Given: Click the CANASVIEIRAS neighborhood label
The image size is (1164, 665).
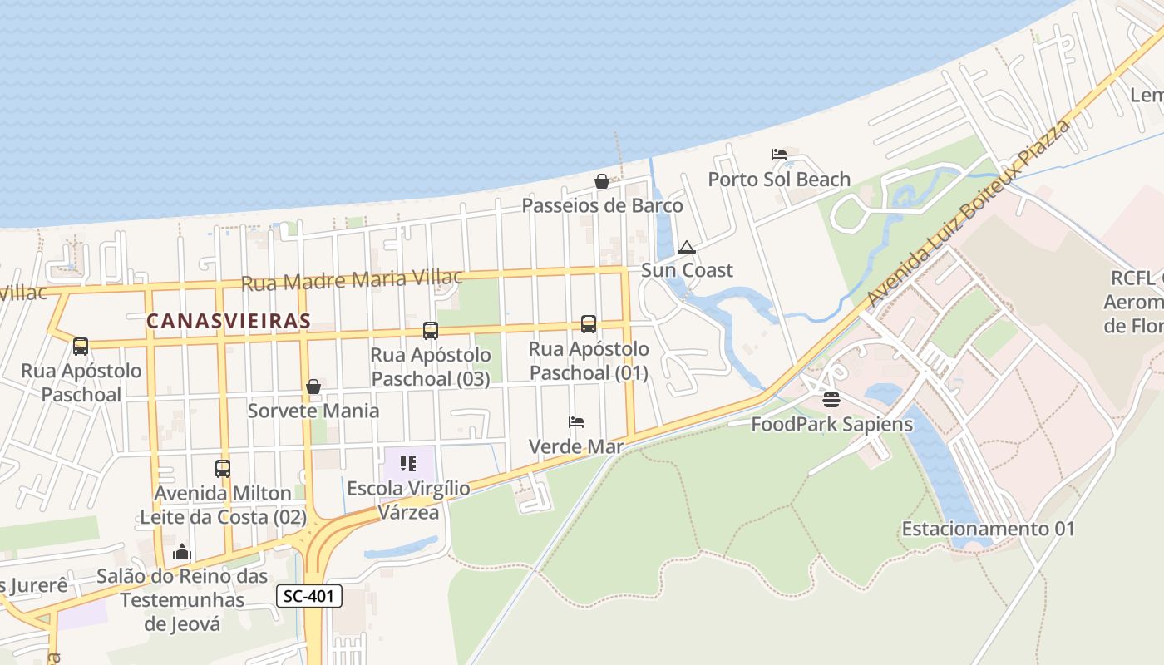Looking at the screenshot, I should coord(229,321).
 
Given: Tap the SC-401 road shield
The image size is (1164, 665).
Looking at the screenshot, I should coord(309,595).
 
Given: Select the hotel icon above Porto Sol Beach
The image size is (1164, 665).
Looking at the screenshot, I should coord(779,155).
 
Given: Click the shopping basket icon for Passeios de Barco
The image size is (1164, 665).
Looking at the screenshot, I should coord(602,181).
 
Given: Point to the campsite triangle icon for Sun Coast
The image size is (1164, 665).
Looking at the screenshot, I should coord(686,247).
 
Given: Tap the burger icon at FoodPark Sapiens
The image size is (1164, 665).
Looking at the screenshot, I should coord(831,400).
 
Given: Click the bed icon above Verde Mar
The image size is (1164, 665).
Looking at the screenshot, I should coord(576,422).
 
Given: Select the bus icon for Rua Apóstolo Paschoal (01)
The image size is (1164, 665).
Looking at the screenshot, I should coord(589,324).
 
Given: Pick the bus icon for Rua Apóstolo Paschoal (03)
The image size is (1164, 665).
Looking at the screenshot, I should coord(430,331).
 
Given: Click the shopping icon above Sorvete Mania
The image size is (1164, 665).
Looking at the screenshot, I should coord(313,387).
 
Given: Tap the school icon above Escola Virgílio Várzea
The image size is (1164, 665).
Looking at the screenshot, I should coord(407,464).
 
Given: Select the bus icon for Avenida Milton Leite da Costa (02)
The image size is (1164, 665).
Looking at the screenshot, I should coord(222,469).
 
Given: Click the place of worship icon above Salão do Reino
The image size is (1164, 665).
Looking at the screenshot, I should coord(182,552).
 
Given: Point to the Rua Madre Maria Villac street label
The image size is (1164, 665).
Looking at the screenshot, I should coord(351,280).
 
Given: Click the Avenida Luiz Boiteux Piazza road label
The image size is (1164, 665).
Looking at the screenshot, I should coord(968,213).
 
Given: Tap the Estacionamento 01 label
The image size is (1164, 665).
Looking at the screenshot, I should coord(988,529).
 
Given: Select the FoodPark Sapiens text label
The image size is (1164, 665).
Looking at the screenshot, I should coord(831,424).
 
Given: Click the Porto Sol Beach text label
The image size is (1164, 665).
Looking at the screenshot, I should coord(779,179).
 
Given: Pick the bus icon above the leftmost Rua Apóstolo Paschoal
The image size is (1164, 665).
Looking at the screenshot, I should coord(81,347).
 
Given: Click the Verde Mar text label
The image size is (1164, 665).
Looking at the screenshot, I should coord(576,446).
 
